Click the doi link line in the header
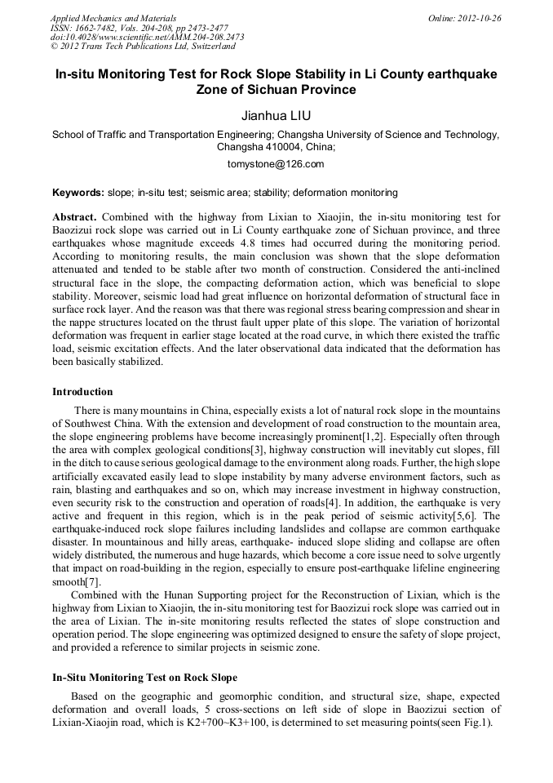(147, 37)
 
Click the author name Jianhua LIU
(276, 115)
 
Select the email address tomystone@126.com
(276, 164)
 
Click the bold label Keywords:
(78, 194)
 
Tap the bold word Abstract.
(74, 217)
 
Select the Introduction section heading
(82, 392)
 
